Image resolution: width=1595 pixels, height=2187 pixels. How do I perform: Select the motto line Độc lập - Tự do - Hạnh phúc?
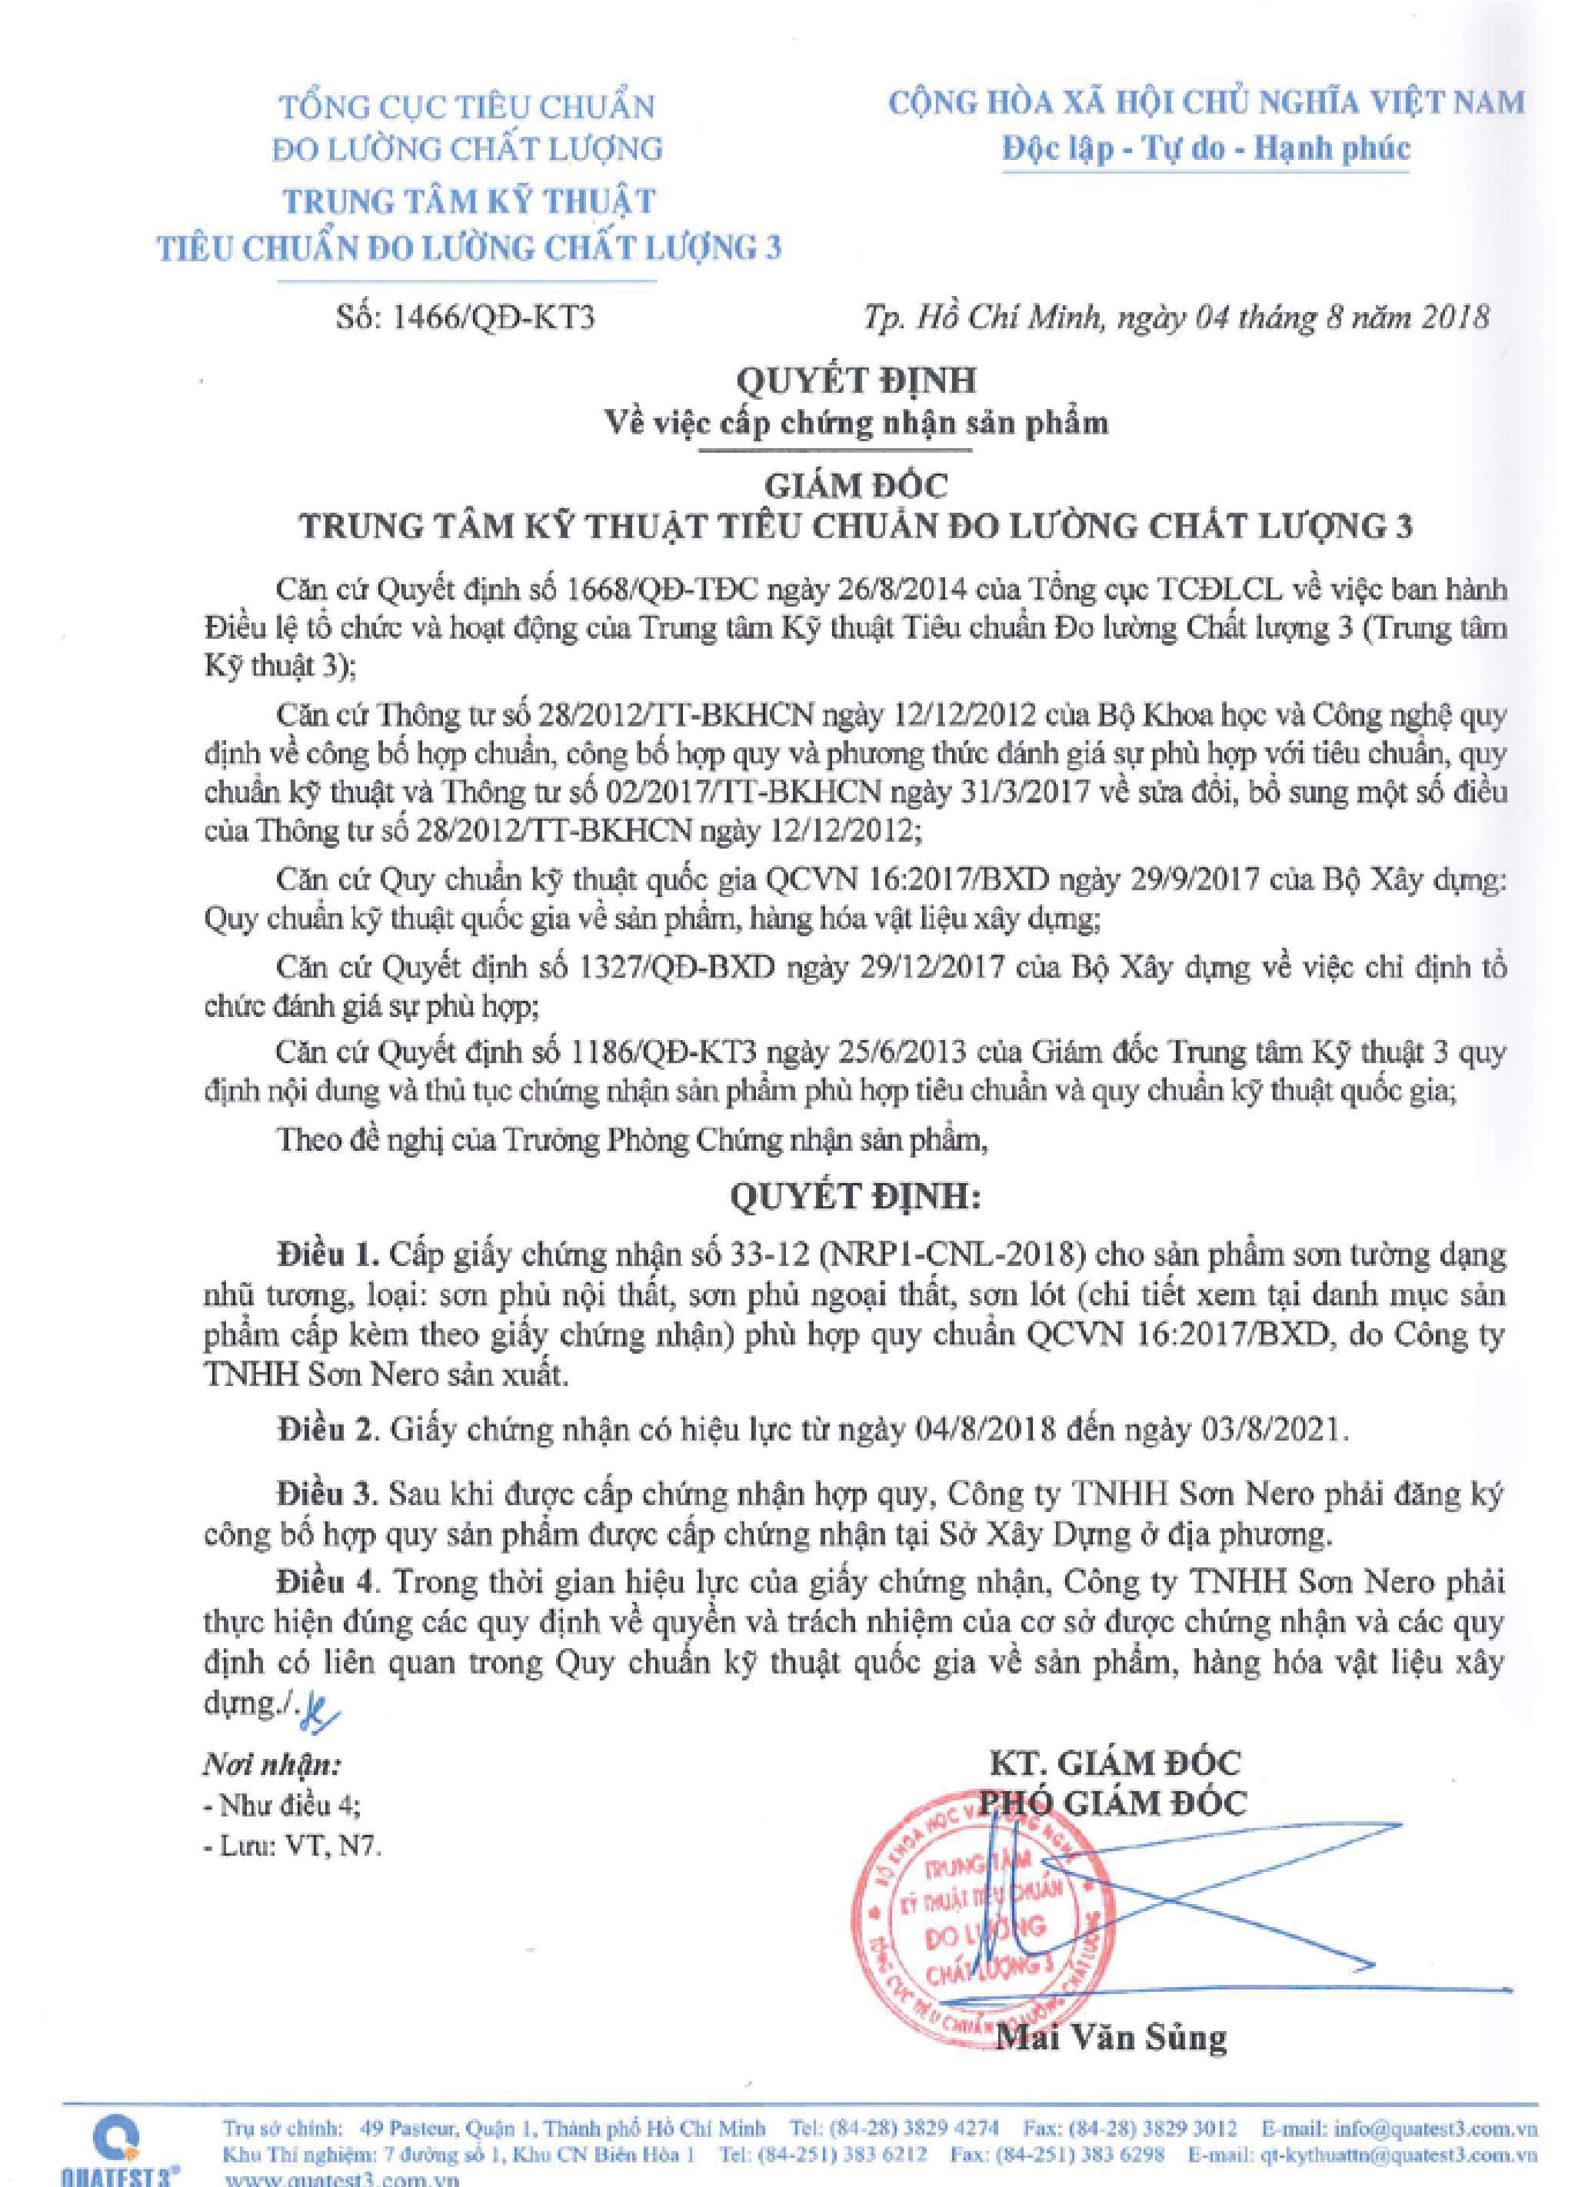pos(1206,148)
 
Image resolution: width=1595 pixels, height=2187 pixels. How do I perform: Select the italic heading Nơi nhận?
pos(272,1765)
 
